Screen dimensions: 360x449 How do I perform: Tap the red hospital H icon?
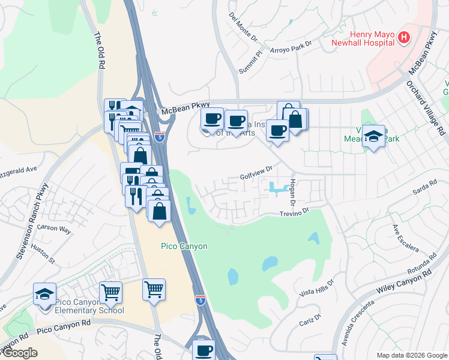pos(405,38)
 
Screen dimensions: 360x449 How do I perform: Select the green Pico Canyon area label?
pos(184,246)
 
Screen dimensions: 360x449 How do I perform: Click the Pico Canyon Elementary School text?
pos(89,306)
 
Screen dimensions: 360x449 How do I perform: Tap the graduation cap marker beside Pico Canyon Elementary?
pos(44,295)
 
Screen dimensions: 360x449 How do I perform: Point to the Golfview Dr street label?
pos(256,175)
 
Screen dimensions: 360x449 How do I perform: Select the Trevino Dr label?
pos(294,212)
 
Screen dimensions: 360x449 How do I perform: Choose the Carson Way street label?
pos(54,229)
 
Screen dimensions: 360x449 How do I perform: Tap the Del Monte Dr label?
pos(243,29)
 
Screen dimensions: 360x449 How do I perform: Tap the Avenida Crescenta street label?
pos(349,327)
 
